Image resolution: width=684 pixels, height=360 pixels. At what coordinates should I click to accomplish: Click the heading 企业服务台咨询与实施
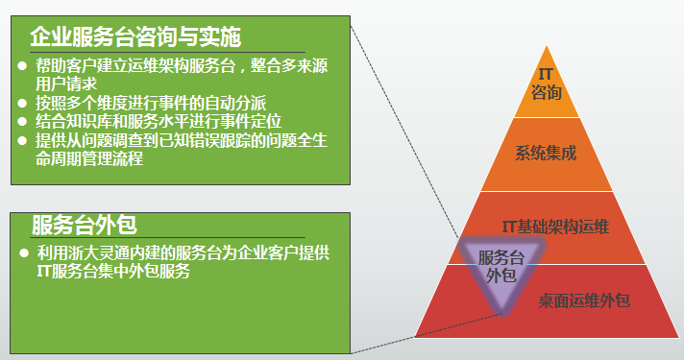[x=135, y=36]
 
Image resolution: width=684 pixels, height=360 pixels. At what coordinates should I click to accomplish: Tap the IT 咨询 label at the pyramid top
[x=544, y=84]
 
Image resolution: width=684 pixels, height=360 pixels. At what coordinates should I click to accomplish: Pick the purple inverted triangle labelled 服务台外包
[x=501, y=268]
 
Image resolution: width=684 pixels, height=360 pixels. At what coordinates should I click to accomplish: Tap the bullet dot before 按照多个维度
[x=23, y=103]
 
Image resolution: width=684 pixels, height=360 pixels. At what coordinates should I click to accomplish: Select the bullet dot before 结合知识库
[x=23, y=121]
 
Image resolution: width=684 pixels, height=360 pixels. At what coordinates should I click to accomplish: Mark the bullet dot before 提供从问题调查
[x=23, y=140]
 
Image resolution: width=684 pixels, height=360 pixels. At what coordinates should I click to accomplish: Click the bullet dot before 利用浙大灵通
[x=23, y=253]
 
